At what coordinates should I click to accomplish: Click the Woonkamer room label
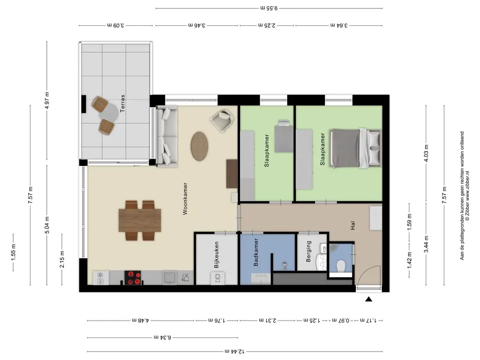point(185,199)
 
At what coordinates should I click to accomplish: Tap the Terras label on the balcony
point(122,103)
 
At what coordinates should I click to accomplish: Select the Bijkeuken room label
point(217,255)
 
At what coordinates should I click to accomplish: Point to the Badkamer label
point(256,252)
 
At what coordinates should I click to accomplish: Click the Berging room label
point(308,251)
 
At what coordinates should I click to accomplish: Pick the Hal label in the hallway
point(352,225)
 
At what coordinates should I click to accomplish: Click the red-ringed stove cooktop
point(133,277)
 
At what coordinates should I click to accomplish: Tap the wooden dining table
point(140,220)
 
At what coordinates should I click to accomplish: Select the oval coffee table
point(200,146)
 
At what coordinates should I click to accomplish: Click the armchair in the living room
point(223,121)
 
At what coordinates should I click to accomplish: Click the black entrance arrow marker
point(368,299)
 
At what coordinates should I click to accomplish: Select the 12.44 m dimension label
point(234,352)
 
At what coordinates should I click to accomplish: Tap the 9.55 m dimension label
point(269,8)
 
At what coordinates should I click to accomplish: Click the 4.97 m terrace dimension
point(47,100)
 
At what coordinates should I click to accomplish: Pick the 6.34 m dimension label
point(163,337)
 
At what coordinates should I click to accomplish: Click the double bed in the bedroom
point(355,149)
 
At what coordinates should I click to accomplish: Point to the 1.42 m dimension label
point(409,261)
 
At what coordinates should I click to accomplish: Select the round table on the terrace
point(108,112)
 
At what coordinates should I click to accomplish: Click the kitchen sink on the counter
point(170,277)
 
